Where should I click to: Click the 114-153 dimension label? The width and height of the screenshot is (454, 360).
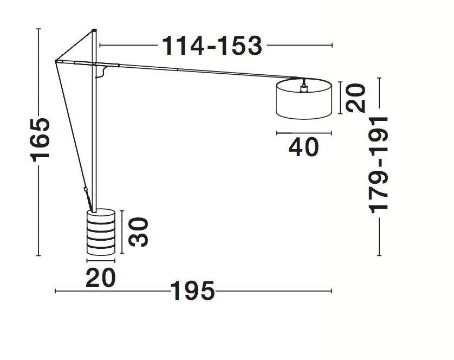pyautogui.click(x=212, y=46)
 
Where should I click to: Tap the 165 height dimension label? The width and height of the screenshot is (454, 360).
pyautogui.click(x=40, y=139)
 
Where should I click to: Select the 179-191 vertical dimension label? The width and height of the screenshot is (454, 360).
pyautogui.click(x=378, y=165)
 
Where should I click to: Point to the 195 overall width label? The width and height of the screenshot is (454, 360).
pyautogui.click(x=192, y=291)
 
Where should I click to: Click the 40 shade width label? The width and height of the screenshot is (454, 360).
pyautogui.click(x=303, y=147)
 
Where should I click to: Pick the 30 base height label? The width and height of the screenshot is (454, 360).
pyautogui.click(x=138, y=232)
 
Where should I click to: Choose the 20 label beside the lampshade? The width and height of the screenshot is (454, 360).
pyautogui.click(x=356, y=98)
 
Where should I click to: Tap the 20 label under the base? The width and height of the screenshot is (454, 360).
pyautogui.click(x=100, y=278)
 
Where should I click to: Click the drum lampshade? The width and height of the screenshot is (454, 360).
pyautogui.click(x=304, y=99)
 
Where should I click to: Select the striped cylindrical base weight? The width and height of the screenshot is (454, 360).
pyautogui.click(x=101, y=232)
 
